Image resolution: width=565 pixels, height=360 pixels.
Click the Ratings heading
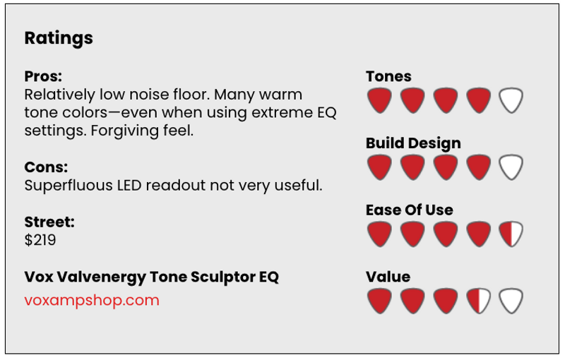point(59,38)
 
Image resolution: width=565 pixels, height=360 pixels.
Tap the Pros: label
point(43,76)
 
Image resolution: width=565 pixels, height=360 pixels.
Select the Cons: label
point(46,167)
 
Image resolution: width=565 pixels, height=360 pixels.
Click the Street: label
point(49,222)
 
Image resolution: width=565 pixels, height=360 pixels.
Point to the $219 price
point(40,240)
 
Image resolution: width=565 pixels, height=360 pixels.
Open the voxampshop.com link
point(92,300)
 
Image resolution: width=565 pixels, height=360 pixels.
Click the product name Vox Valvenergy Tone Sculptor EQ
point(151,277)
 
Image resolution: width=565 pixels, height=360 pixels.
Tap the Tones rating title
point(388,76)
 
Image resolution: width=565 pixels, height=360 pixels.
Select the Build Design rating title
point(413,143)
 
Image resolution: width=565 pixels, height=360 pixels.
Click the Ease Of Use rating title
point(410,210)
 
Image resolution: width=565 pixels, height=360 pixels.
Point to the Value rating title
point(388,277)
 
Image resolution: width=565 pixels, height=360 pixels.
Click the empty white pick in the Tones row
point(511,100)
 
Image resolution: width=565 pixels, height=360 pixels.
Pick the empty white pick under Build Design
point(511,167)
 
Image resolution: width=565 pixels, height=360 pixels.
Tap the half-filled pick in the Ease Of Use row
point(511,234)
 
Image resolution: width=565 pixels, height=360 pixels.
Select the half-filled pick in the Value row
point(478,301)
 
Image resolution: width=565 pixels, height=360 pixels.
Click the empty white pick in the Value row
point(511,301)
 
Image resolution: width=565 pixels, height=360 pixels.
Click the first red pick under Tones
point(379,100)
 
